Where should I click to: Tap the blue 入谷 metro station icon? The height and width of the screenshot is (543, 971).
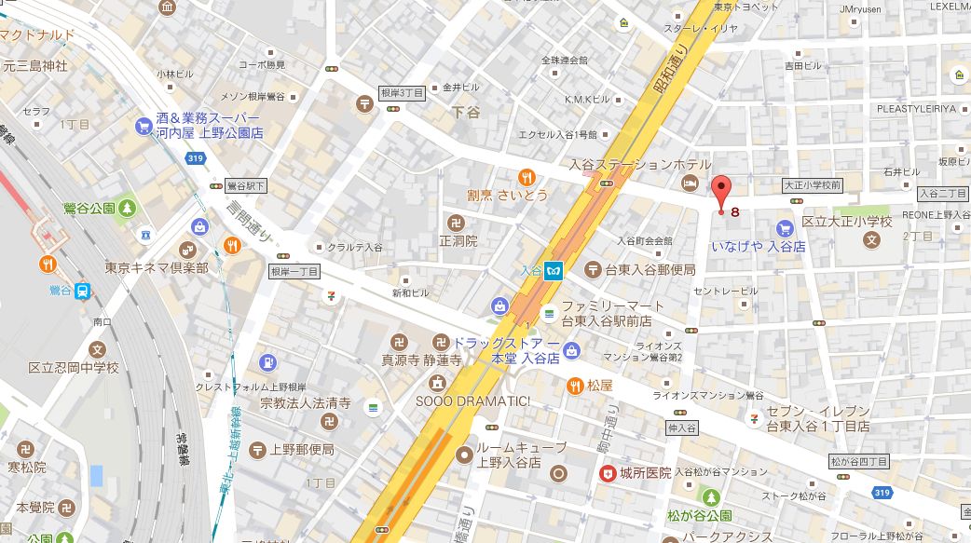point(556,271)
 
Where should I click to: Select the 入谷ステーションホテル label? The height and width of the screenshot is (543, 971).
point(635,165)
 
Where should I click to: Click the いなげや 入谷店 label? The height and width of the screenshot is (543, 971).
point(759,246)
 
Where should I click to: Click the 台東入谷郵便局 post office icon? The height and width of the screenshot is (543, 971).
point(593,270)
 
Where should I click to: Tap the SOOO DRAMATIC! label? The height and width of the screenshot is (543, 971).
point(485,401)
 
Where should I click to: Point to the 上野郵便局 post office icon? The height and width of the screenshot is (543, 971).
point(257,449)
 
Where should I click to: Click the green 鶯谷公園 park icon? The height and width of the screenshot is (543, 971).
point(127,207)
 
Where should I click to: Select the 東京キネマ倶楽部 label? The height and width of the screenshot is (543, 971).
point(157,267)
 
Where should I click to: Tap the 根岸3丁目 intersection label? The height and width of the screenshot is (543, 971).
point(403,93)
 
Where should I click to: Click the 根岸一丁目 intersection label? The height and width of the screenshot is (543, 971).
point(294,271)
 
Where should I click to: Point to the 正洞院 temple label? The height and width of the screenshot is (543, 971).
point(458,240)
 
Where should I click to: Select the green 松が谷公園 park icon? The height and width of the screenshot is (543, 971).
point(712,496)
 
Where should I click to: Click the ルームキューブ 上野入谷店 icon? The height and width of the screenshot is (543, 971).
point(463,454)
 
